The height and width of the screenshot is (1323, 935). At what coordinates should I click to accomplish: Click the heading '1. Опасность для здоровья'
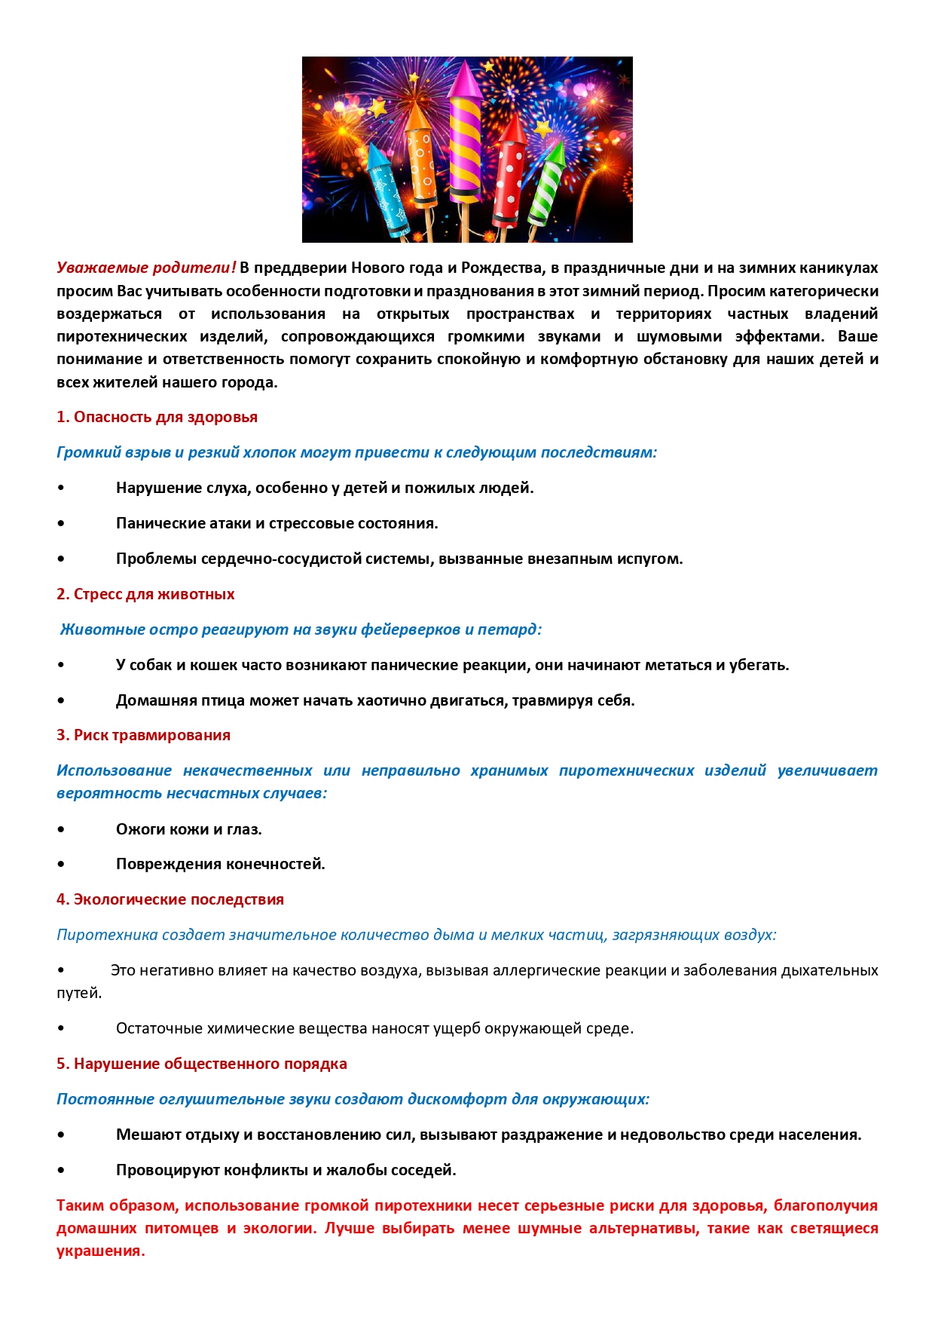pos(157,417)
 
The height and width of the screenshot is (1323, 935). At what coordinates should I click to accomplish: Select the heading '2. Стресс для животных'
pos(145,594)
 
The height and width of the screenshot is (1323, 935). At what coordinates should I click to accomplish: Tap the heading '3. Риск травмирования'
pos(143,735)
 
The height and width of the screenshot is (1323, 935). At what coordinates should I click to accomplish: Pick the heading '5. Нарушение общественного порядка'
pos(201,1064)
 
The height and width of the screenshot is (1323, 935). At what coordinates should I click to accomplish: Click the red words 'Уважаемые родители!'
pos(146,268)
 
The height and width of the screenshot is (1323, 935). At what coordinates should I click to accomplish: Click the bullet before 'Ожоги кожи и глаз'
pos(61,829)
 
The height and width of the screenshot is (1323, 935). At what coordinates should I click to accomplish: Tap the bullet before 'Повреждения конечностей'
pos(61,864)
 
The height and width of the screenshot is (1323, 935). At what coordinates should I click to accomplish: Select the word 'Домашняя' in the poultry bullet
pos(148,700)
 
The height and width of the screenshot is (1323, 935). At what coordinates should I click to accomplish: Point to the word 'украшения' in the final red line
pos(100,1251)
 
